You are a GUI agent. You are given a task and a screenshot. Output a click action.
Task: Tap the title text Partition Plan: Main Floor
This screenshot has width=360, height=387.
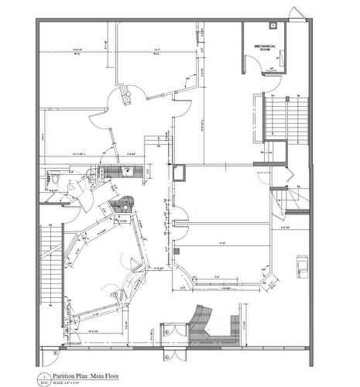[x=86, y=375]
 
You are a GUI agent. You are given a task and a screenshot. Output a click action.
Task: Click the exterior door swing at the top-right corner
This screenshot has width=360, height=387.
[x=296, y=14]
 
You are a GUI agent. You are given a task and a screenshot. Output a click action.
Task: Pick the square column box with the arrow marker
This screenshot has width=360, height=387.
[x=179, y=172]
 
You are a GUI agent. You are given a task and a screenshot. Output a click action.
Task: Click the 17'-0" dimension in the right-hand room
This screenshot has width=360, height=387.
[x=221, y=244]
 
